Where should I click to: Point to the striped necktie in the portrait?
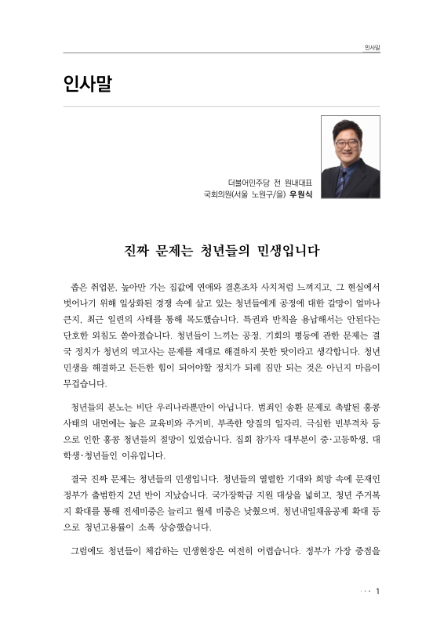coord(342,179)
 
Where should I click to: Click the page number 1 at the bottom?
coord(377,590)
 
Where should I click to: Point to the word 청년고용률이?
coord(109,527)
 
